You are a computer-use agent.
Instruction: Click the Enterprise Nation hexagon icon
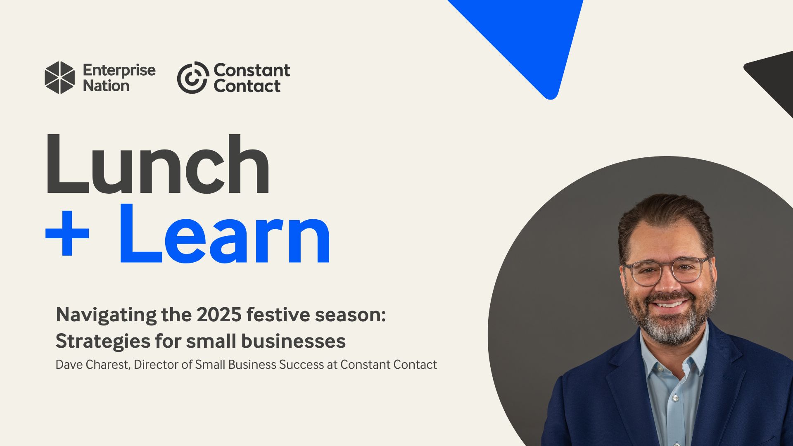tap(60, 78)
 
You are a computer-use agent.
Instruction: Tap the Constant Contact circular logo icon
tap(192, 78)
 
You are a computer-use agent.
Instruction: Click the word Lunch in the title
tap(157, 165)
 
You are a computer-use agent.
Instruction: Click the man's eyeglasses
tap(666, 270)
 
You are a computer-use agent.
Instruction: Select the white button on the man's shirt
tap(675, 399)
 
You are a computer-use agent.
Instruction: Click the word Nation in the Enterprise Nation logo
tap(106, 86)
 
